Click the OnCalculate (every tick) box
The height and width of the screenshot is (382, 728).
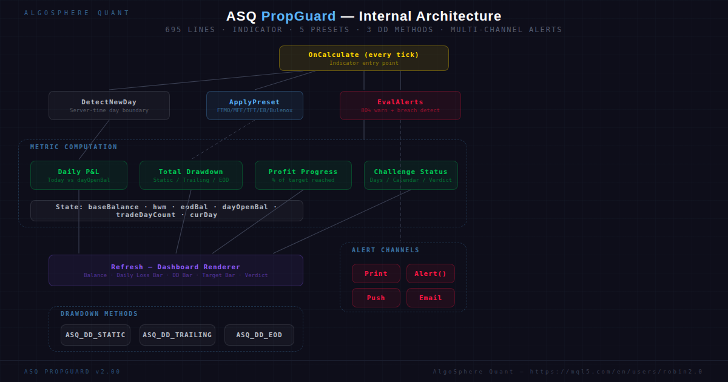point(363,58)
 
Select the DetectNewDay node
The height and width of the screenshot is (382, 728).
point(109,106)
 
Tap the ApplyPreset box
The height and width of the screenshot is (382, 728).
point(255,106)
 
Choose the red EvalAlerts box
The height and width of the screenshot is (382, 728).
point(400,106)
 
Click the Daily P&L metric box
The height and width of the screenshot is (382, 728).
point(79,175)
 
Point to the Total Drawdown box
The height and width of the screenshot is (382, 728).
point(191,175)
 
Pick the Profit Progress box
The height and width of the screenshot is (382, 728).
point(303,175)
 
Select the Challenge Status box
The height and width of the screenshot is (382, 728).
point(411,175)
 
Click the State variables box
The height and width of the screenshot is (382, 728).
point(167,211)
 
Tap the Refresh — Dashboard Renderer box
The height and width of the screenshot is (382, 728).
point(176,270)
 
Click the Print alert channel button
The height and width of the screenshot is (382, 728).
point(376,273)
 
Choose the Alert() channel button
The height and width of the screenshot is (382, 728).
point(431,273)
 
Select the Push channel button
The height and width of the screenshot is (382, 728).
point(376,298)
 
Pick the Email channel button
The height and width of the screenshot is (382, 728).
point(431,298)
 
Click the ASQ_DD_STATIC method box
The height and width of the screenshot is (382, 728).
point(95,335)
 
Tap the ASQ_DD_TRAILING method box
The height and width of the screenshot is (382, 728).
point(177,335)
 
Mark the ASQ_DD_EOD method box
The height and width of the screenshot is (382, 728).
point(259,335)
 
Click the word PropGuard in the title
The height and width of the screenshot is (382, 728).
point(298,16)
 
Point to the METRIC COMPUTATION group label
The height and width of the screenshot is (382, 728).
point(74,147)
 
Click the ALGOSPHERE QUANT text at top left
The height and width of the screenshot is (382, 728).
point(77,13)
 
